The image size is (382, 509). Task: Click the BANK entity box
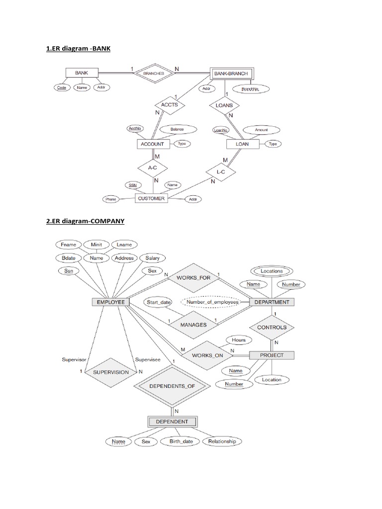click(79, 73)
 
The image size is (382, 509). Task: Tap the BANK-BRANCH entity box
click(229, 74)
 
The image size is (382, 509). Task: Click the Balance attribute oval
click(177, 129)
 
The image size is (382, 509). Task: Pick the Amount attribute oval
click(261, 130)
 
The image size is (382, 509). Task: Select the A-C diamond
click(152, 168)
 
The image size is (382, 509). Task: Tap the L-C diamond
click(220, 171)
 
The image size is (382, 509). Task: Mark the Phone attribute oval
click(111, 199)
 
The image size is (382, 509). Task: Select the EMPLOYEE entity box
click(111, 302)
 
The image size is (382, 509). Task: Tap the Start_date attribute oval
click(158, 302)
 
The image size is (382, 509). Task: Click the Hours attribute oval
click(239, 340)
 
